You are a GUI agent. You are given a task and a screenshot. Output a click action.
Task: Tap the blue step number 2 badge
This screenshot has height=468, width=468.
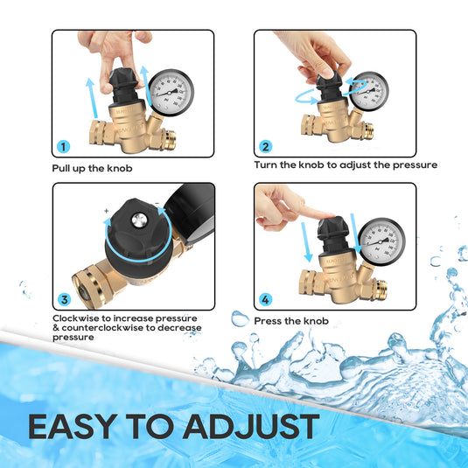266,146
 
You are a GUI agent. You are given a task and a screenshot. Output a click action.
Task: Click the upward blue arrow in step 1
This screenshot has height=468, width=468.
90,96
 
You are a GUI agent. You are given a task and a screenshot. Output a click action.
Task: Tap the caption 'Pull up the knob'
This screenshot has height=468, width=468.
92,168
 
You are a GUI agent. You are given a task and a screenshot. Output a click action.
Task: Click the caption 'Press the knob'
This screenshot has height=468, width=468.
291,321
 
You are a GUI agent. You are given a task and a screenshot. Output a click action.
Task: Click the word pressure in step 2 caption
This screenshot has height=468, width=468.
414,164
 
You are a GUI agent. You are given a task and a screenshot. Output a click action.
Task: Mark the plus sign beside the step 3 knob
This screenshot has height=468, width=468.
106,211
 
